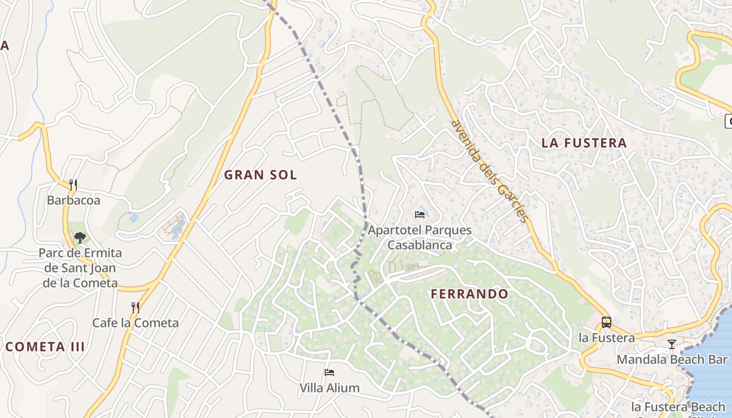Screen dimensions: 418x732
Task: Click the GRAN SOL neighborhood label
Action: click(x=260, y=175)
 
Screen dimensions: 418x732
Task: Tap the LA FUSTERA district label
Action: click(x=584, y=143)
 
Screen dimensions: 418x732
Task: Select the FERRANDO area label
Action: click(x=470, y=294)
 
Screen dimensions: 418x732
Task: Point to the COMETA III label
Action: click(x=45, y=346)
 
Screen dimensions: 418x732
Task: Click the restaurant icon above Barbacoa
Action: click(x=73, y=184)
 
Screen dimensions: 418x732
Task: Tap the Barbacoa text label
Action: click(x=73, y=200)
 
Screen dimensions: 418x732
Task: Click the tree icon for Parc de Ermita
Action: click(x=80, y=238)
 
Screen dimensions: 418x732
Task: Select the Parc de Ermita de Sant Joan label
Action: click(x=80, y=268)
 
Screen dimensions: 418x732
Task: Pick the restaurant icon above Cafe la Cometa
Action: click(x=135, y=307)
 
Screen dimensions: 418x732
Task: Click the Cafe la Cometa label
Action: click(x=135, y=323)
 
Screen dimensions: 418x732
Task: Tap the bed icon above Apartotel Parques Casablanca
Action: click(x=419, y=214)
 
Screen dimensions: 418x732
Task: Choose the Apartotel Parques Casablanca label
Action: click(x=419, y=237)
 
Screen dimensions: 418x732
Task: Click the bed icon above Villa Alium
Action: click(x=329, y=373)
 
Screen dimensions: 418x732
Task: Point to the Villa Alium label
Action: click(x=329, y=388)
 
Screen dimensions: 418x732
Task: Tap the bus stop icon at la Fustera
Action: click(x=607, y=322)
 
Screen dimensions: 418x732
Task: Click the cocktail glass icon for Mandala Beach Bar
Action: click(x=672, y=344)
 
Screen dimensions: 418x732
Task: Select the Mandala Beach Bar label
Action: click(x=672, y=359)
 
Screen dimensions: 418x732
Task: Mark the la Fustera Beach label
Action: click(x=678, y=407)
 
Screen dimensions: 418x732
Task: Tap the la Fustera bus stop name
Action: click(x=607, y=338)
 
